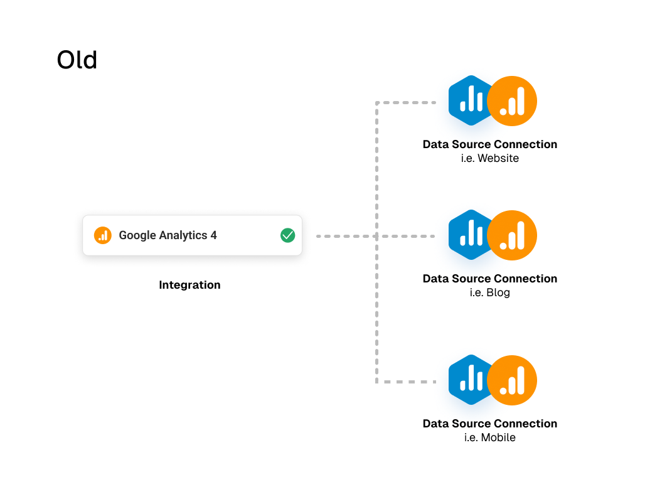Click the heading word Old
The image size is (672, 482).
(x=77, y=60)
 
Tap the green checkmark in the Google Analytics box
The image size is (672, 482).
(x=287, y=235)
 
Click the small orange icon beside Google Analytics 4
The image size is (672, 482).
(x=102, y=235)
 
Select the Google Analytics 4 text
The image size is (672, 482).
(x=168, y=235)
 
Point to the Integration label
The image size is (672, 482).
(x=189, y=285)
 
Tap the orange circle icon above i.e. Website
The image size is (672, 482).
(x=512, y=101)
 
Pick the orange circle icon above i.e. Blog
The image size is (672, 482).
(x=512, y=235)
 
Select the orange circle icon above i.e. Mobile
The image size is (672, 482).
(x=512, y=380)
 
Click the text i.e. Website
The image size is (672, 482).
(x=489, y=159)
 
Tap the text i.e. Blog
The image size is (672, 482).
(x=489, y=293)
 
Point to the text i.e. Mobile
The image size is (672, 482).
(x=489, y=438)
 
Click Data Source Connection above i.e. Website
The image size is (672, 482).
(x=489, y=144)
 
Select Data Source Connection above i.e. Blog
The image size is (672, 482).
(x=489, y=279)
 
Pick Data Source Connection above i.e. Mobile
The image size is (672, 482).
(x=489, y=424)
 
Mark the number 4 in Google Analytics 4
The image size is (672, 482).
(x=213, y=235)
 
